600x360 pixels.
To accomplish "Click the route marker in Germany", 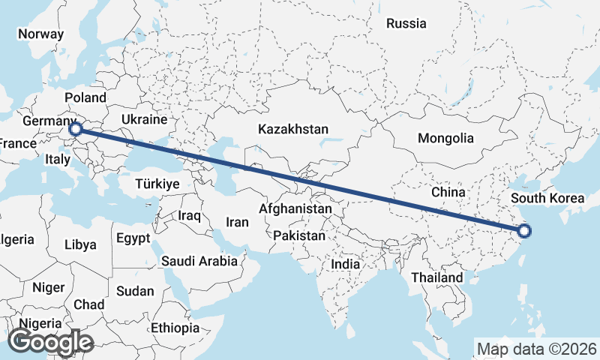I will pyautogui.click(x=75, y=129).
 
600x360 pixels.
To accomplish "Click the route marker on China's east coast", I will pyautogui.click(x=523, y=231).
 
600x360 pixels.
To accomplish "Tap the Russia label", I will pyautogui.click(x=406, y=23).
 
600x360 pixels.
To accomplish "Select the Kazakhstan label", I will pyautogui.click(x=292, y=129).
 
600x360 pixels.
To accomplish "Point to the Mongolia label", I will pyautogui.click(x=445, y=138).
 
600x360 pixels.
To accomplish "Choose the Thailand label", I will pyautogui.click(x=436, y=277).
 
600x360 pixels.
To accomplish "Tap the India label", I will pyautogui.click(x=346, y=264).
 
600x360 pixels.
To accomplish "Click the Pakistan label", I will pyautogui.click(x=299, y=235).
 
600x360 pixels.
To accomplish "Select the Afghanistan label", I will pyautogui.click(x=295, y=208).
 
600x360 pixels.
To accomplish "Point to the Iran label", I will pyautogui.click(x=237, y=222).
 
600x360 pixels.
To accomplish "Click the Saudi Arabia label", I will pyautogui.click(x=199, y=262).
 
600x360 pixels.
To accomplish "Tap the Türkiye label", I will pyautogui.click(x=157, y=184).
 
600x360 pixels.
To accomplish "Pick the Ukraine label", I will pyautogui.click(x=144, y=119).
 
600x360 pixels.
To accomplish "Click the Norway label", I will pyautogui.click(x=40, y=34).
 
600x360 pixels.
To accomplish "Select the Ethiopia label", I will pyautogui.click(x=175, y=328).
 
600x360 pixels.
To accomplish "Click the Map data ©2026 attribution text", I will pyautogui.click(x=536, y=349).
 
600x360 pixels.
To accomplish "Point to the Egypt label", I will pyautogui.click(x=133, y=238).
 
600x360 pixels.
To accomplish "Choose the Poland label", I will pyautogui.click(x=85, y=97).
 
